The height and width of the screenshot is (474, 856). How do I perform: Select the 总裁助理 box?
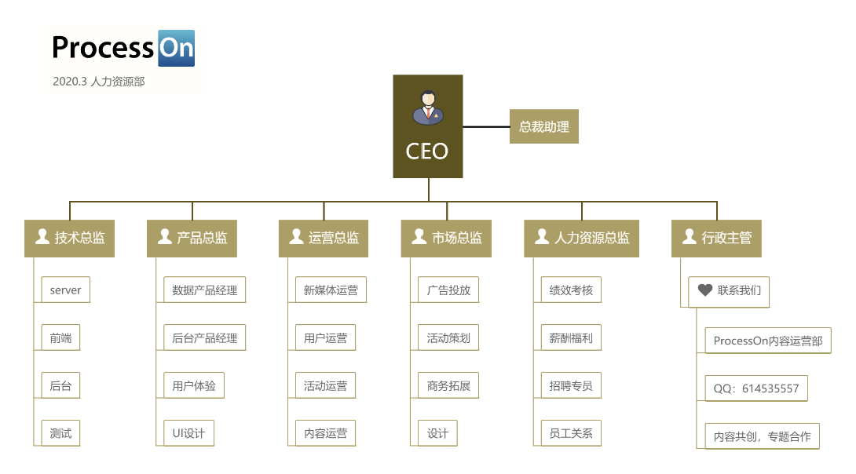(x=544, y=126)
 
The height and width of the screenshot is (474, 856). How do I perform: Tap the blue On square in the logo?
(x=176, y=49)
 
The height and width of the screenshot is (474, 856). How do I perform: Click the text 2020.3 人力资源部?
(x=99, y=81)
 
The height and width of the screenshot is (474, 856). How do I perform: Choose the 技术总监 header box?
(x=70, y=238)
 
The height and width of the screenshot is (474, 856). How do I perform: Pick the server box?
(x=65, y=290)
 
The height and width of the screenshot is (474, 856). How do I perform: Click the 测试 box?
(x=60, y=432)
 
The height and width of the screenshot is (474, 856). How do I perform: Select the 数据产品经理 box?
(x=204, y=290)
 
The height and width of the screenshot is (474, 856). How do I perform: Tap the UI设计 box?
(x=188, y=432)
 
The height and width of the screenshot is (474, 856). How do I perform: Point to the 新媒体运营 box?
(x=331, y=290)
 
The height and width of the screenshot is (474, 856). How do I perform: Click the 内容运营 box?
(x=326, y=432)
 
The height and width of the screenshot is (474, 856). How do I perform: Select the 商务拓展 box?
(x=448, y=385)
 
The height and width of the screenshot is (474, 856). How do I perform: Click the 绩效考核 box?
(x=571, y=290)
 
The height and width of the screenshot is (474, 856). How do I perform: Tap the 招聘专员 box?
(x=571, y=385)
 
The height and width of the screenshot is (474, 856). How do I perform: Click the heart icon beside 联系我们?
(x=704, y=290)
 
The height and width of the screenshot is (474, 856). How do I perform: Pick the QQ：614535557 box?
(x=756, y=388)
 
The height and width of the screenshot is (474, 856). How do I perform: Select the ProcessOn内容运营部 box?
(x=768, y=341)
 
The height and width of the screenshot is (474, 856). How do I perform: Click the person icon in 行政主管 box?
(x=689, y=236)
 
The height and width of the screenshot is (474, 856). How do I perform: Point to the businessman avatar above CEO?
(x=427, y=108)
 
